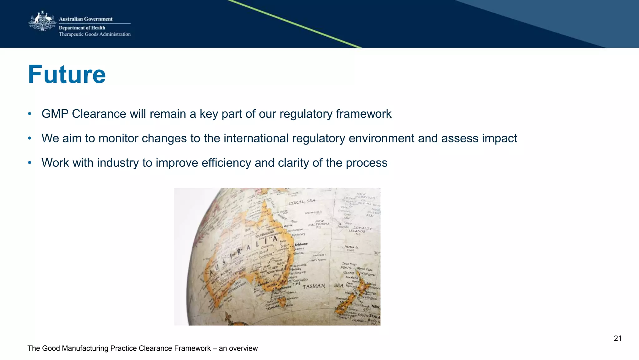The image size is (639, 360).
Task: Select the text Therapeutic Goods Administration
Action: pyautogui.click(x=95, y=34)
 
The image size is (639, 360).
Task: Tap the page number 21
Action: pyautogui.click(x=617, y=338)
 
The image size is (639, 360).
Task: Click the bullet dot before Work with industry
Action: pyautogui.click(x=30, y=163)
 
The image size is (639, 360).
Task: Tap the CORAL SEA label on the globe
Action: pyautogui.click(x=302, y=202)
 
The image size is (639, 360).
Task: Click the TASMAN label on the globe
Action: pyautogui.click(x=314, y=286)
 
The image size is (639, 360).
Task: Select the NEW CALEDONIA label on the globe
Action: pyautogui.click(x=319, y=224)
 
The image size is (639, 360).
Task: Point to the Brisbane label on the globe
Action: pyautogui.click(x=301, y=244)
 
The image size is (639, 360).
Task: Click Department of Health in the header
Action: pyautogui.click(x=82, y=28)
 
